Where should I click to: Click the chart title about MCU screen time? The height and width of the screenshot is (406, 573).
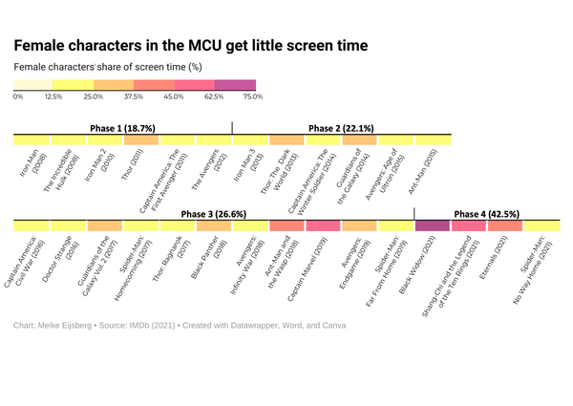coord(191,45)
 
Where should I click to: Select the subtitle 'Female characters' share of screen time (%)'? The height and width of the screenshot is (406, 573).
coord(107,67)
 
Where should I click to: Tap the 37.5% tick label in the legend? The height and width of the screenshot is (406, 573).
coord(134,96)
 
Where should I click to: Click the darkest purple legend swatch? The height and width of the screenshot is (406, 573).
coord(235,85)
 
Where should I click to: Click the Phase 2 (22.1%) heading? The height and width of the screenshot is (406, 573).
coord(341,127)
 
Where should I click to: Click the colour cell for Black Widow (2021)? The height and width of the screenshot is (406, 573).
coord(433,226)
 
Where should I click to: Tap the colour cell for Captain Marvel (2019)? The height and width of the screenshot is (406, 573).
coord(323,226)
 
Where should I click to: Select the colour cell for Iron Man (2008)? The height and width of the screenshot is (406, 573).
coord(32,140)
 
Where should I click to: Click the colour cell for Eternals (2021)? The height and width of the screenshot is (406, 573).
coord(505,226)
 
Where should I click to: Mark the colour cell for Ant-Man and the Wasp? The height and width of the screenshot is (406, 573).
coord(286,226)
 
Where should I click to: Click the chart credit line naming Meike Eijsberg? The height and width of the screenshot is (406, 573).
coord(180,326)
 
